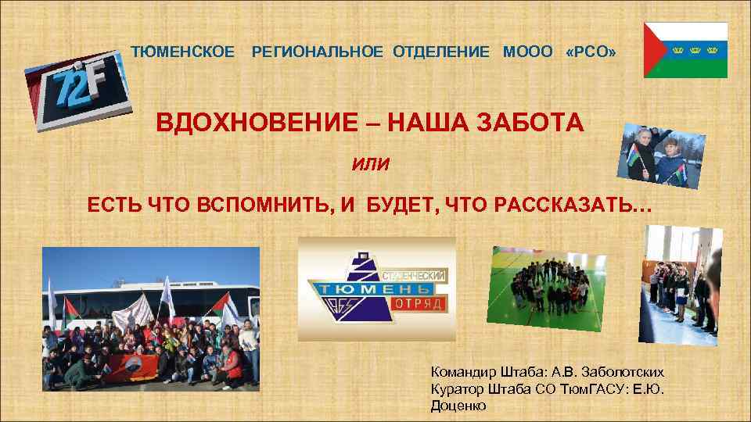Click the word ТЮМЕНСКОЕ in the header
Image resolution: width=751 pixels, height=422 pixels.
click(x=181, y=52)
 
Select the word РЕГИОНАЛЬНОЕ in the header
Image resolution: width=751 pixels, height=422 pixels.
click(x=317, y=52)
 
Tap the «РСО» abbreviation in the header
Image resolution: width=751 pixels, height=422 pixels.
click(x=591, y=52)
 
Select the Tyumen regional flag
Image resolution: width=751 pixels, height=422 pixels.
click(x=685, y=49)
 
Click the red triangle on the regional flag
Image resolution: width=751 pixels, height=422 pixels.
click(x=656, y=49)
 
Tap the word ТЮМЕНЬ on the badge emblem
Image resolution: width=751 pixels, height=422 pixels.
click(x=365, y=289)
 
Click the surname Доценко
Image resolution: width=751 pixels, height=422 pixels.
click(x=458, y=406)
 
